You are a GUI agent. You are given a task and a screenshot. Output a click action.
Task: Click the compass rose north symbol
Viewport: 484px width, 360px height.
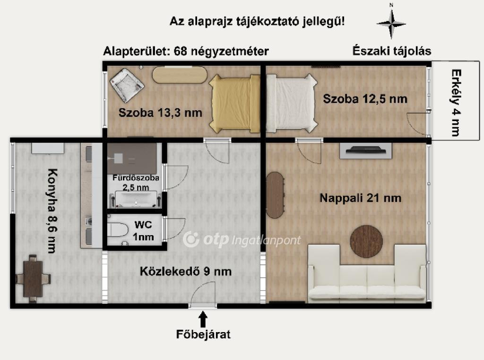[x=391, y=22]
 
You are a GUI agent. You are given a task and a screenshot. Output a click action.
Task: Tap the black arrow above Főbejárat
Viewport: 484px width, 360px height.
[x=203, y=319]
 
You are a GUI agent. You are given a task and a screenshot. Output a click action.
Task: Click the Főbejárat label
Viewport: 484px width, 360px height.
[x=203, y=334]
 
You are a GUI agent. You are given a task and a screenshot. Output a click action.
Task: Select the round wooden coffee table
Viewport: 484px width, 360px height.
[x=366, y=241]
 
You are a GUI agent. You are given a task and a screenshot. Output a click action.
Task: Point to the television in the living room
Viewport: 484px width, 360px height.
[x=366, y=150]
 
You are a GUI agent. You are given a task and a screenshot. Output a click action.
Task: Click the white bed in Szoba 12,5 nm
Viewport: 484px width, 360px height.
[x=291, y=104]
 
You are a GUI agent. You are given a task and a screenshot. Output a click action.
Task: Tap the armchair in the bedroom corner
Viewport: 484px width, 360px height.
[x=127, y=85]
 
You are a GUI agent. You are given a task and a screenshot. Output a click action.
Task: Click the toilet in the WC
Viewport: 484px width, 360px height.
[x=118, y=230]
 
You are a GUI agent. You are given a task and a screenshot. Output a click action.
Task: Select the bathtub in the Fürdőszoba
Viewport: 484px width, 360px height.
[x=136, y=200]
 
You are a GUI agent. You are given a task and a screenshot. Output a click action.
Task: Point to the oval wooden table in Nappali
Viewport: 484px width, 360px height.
[x=275, y=195]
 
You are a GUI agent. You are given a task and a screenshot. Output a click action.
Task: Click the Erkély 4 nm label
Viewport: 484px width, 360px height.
[x=455, y=103]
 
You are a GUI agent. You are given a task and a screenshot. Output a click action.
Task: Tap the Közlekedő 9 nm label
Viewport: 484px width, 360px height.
[x=185, y=272]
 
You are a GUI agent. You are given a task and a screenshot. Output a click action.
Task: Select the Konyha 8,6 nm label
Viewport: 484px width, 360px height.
[x=52, y=211]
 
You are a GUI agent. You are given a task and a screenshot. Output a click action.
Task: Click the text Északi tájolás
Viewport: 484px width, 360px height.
[x=392, y=51]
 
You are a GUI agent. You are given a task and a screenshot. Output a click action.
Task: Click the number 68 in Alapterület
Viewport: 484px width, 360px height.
[x=180, y=51]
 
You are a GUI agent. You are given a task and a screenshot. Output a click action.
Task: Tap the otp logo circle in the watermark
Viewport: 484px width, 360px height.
[x=191, y=239]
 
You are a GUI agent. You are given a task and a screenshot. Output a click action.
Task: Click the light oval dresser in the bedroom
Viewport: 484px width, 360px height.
[x=180, y=75]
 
